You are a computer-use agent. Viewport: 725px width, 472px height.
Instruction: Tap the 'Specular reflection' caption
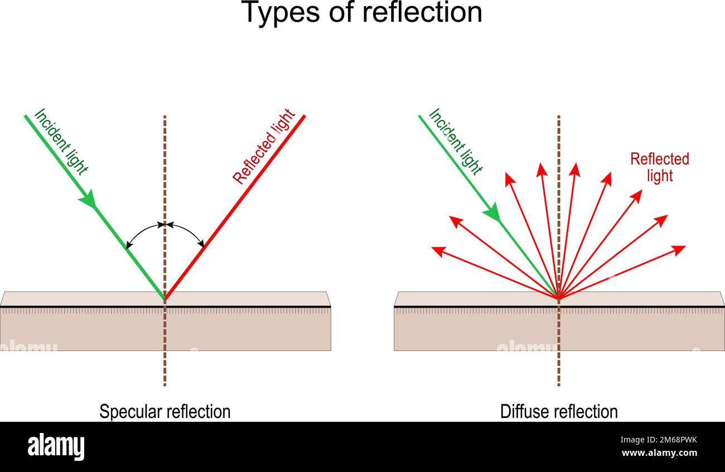[165, 412]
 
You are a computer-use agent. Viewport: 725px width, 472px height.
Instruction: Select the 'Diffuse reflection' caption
[559, 412]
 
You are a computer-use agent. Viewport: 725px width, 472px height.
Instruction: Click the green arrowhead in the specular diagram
[88, 199]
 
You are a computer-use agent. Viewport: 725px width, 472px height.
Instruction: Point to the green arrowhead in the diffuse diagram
[492, 213]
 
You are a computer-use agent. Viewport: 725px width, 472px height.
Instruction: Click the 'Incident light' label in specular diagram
[61, 142]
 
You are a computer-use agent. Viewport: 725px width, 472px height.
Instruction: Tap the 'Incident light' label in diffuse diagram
[456, 142]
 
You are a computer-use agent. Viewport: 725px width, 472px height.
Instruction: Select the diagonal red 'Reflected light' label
[264, 146]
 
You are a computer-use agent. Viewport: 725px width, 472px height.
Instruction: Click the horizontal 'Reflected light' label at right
[660, 167]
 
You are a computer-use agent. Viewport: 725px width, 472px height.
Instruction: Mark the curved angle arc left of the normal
[142, 231]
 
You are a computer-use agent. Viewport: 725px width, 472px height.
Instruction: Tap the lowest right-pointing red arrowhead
[679, 251]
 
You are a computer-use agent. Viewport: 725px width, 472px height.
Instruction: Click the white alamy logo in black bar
[56, 447]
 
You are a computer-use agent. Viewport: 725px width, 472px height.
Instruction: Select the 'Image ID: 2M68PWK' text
[659, 440]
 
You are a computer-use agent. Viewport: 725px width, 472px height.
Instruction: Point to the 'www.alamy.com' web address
[659, 452]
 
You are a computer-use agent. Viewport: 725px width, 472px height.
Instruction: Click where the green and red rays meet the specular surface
[165, 298]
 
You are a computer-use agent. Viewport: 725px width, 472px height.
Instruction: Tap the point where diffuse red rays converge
[559, 298]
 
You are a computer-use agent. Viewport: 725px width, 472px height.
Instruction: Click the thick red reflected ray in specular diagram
[235, 207]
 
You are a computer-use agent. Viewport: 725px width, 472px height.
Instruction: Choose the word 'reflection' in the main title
[422, 12]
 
